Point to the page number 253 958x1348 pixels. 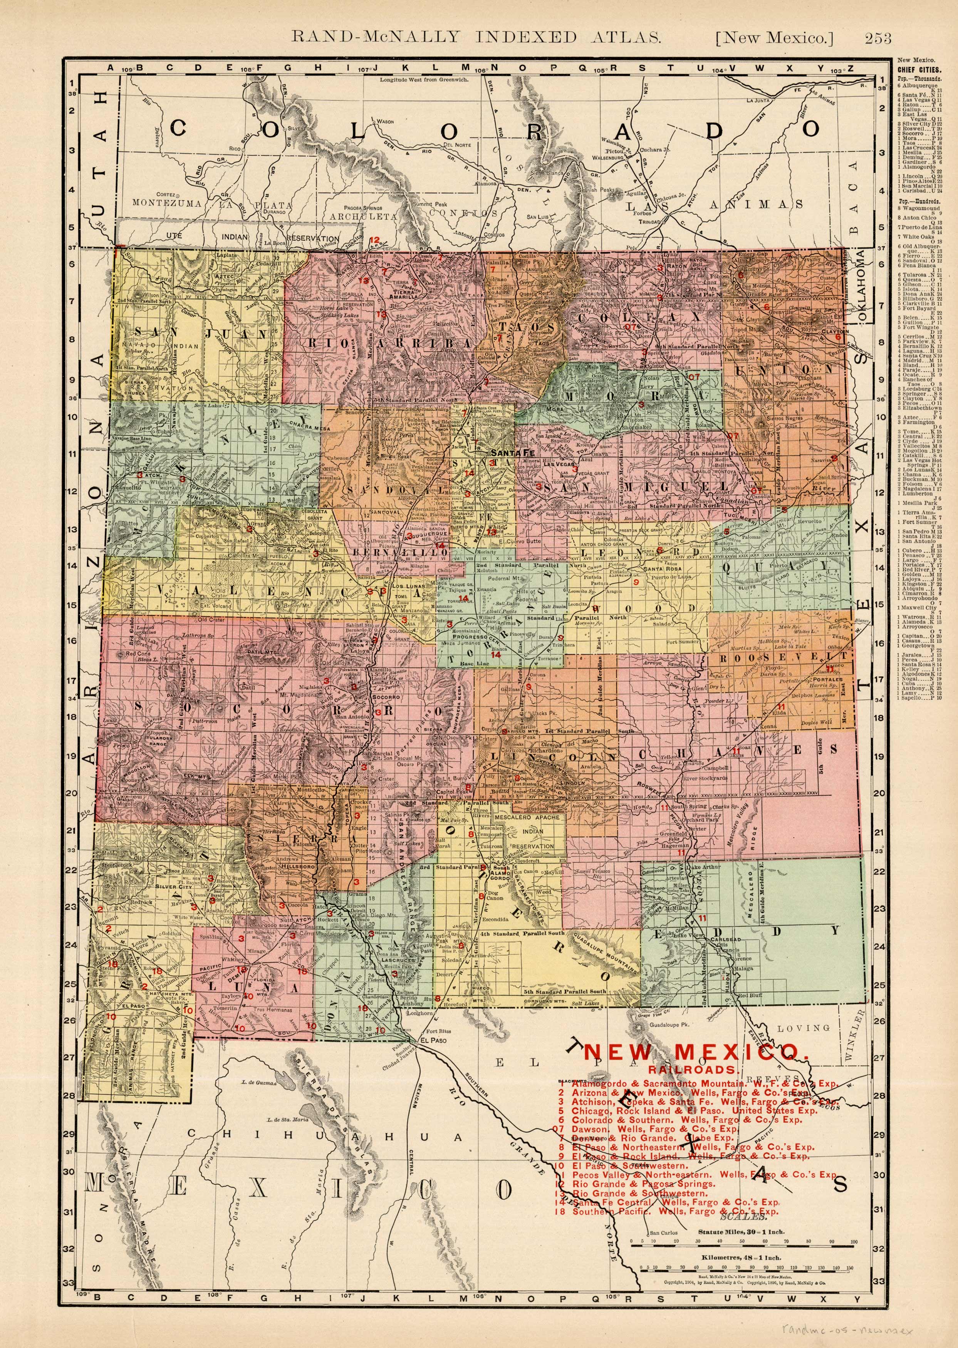point(878,39)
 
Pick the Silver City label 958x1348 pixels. point(170,886)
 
